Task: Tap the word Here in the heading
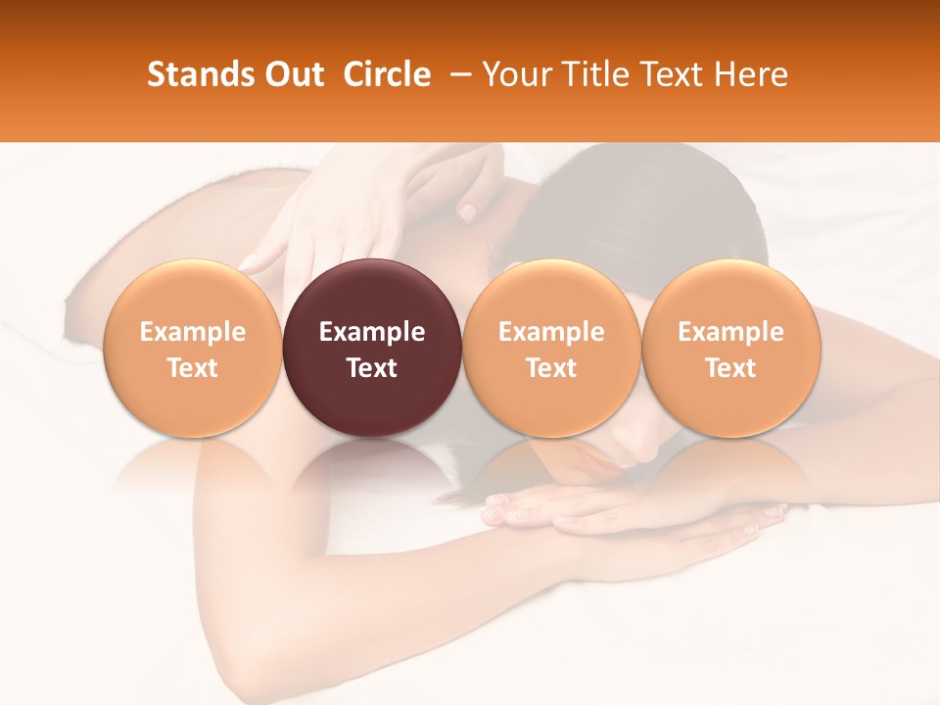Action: coord(751,74)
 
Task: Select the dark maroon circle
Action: coord(372,348)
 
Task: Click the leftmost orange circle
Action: coord(193,348)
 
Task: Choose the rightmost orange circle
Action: coord(730,348)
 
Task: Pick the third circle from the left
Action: coord(551,348)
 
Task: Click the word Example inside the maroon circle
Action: coord(372,332)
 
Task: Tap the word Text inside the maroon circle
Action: coord(372,368)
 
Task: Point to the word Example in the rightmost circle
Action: coord(730,332)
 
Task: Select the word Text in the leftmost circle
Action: coord(193,368)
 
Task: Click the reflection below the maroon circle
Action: coord(372,470)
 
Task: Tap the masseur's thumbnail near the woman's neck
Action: coord(468,211)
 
